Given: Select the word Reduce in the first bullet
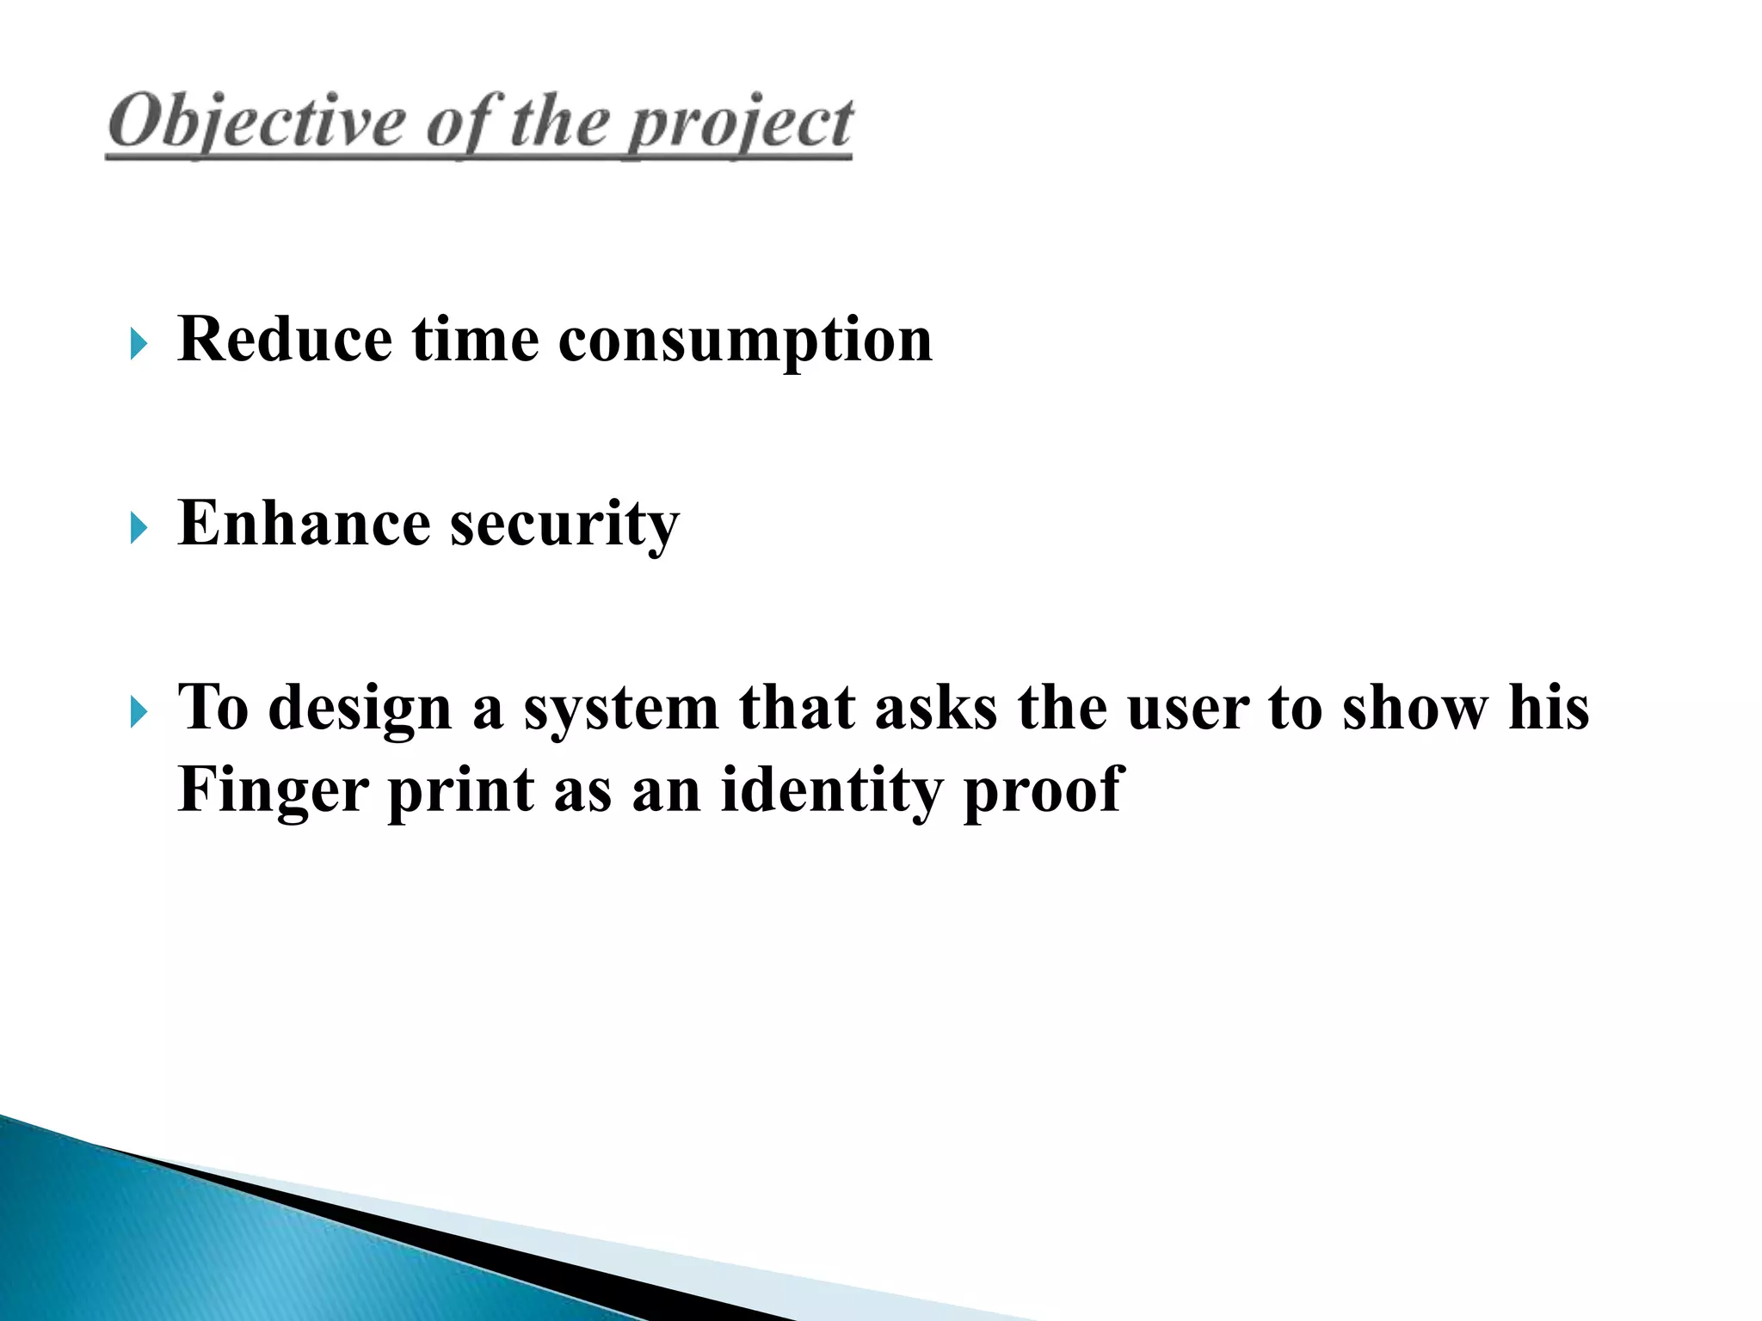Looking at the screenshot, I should tap(285, 339).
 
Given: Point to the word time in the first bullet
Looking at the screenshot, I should tap(475, 339).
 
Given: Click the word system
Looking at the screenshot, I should tap(620, 710).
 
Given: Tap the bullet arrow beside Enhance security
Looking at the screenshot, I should tap(139, 528).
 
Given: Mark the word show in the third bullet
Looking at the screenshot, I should tap(1414, 709).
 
